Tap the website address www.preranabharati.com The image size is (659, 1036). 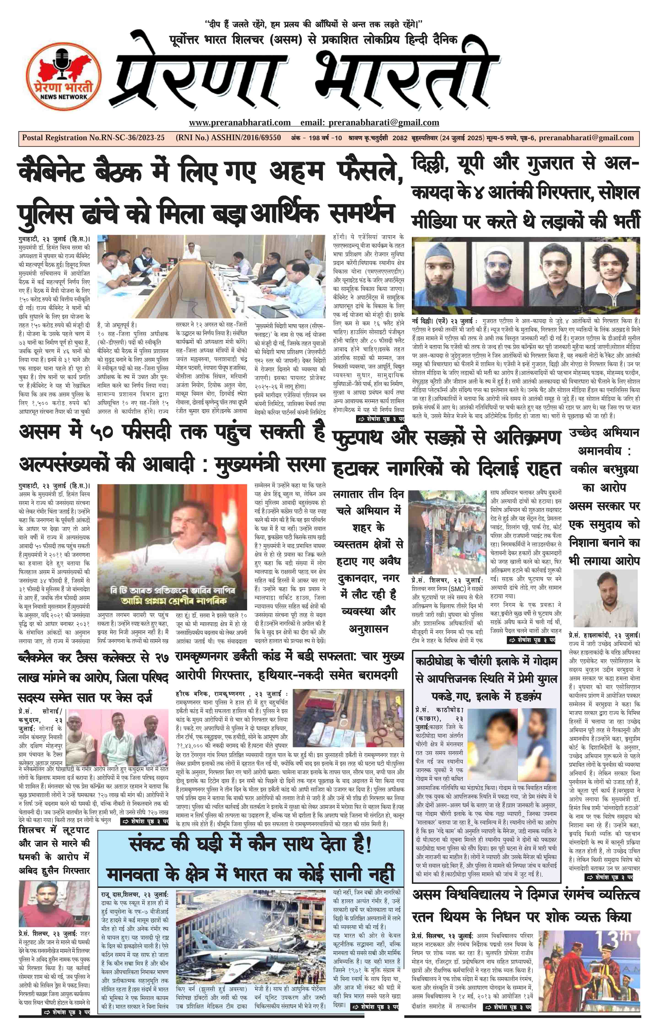point(240,123)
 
